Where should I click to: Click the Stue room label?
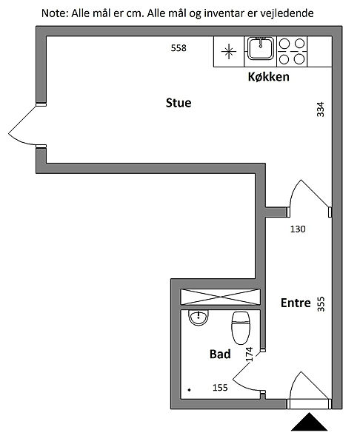(x=179, y=103)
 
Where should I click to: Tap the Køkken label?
(x=269, y=77)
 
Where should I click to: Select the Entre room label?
(x=296, y=303)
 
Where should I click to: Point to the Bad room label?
(x=220, y=354)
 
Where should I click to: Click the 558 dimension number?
(x=179, y=48)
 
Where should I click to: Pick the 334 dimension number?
(x=320, y=110)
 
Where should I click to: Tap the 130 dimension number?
(x=298, y=229)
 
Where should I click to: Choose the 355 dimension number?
(x=321, y=304)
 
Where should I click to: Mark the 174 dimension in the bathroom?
(x=249, y=354)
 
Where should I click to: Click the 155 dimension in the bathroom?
(x=220, y=387)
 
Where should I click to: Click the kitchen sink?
(x=261, y=48)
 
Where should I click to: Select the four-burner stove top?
(x=292, y=52)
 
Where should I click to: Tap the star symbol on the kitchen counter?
(x=228, y=52)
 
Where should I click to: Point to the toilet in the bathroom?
(x=241, y=328)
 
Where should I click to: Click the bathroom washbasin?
(x=199, y=317)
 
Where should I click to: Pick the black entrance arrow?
(x=310, y=422)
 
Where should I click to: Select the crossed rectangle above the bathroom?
(x=220, y=297)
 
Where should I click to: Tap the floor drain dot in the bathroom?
(x=190, y=390)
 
